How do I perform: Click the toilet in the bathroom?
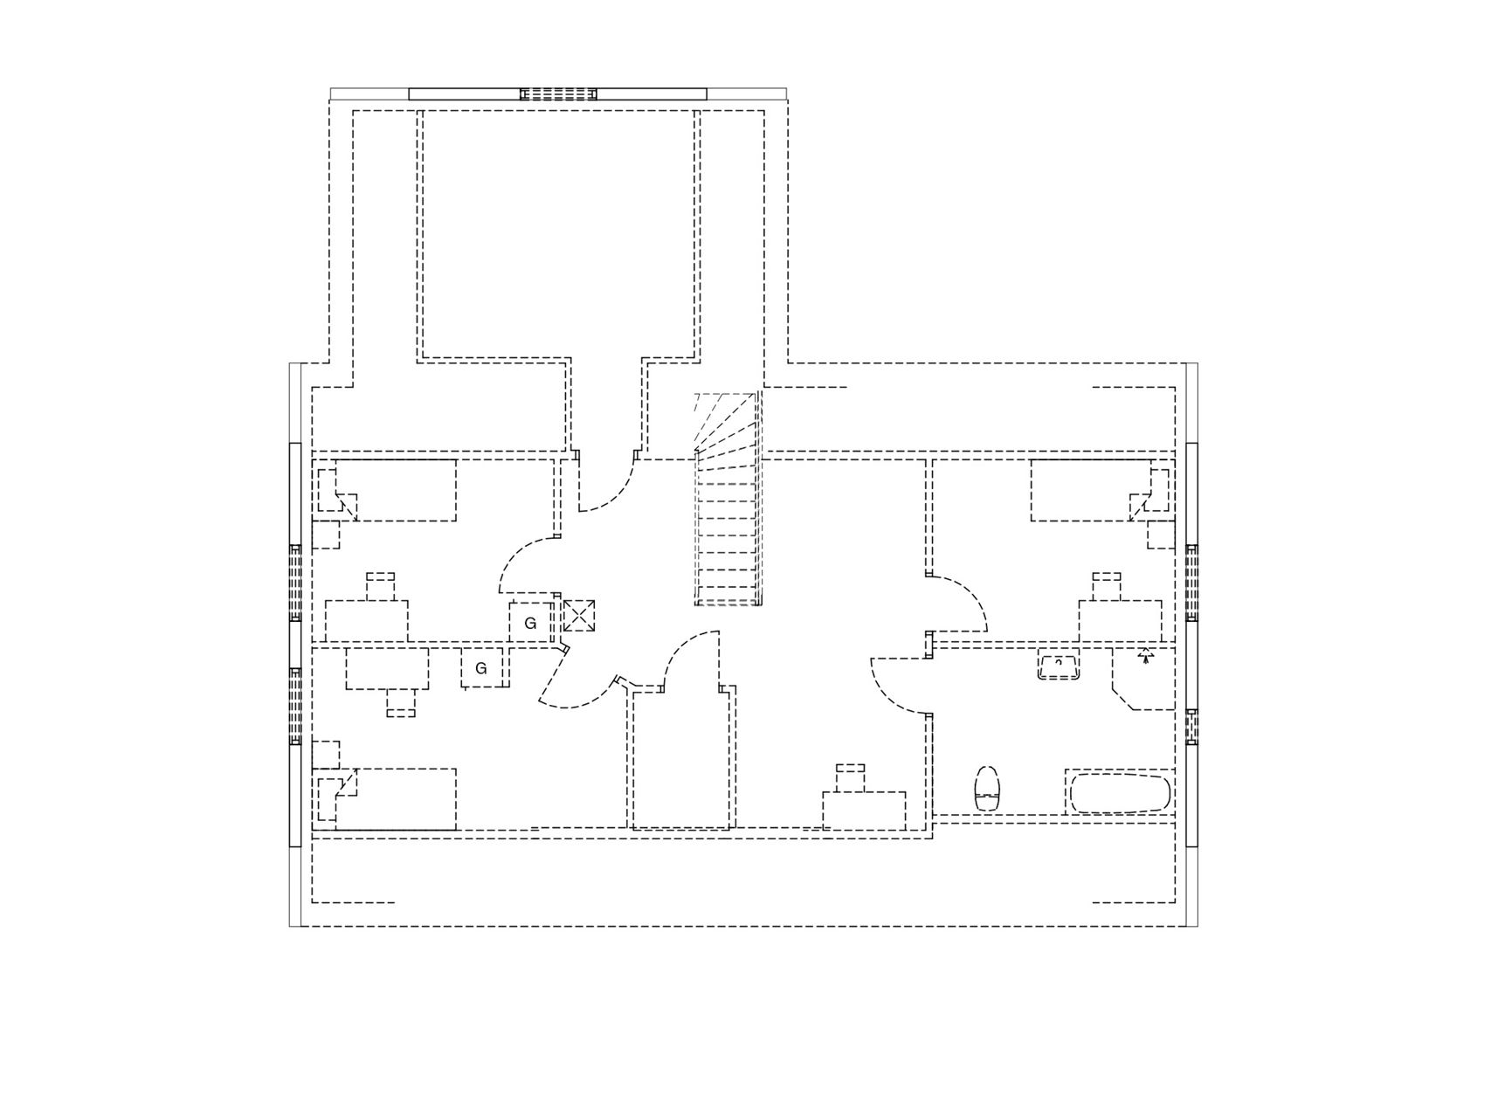pyautogui.click(x=987, y=789)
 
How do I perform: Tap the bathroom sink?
pyautogui.click(x=1059, y=666)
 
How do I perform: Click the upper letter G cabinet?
pyautogui.click(x=530, y=623)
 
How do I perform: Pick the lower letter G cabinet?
pyautogui.click(x=482, y=668)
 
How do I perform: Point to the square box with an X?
pyautogui.click(x=578, y=615)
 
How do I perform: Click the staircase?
pyautogui.click(x=728, y=498)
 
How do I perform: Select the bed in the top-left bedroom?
pyautogui.click(x=396, y=490)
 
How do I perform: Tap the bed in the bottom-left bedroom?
pyautogui.click(x=396, y=799)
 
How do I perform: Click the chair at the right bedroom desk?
pyautogui.click(x=1107, y=586)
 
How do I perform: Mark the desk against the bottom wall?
pyautogui.click(x=864, y=811)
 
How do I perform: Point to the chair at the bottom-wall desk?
pyautogui.click(x=851, y=777)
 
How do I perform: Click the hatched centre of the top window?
pyautogui.click(x=558, y=94)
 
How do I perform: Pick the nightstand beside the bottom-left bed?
pyautogui.click(x=326, y=755)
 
